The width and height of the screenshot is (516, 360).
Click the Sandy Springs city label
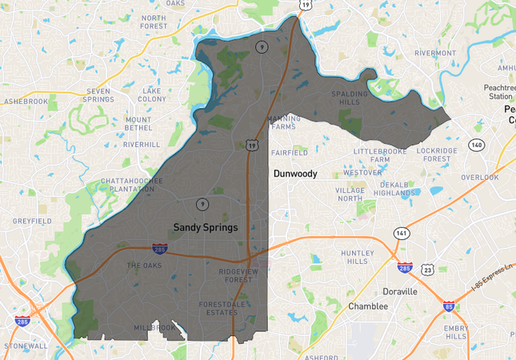[206, 227]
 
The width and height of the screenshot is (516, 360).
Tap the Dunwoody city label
[295, 173]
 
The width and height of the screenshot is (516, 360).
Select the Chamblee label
[368, 306]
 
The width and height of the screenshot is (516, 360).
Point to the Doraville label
[400, 291]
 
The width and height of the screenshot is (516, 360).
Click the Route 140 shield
[477, 145]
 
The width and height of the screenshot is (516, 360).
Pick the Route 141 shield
[401, 233]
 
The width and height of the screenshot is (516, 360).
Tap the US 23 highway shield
[428, 270]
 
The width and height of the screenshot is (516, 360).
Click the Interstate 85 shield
[448, 306]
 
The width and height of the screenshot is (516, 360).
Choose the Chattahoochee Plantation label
[132, 186]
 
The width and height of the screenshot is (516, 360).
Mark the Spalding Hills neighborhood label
[350, 98]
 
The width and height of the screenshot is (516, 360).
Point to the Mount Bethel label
[138, 123]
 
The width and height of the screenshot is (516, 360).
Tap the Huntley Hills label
[357, 257]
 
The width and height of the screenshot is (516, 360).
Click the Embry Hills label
[455, 331]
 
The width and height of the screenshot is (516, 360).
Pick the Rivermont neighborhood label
[434, 54]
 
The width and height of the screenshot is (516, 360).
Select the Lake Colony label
[153, 95]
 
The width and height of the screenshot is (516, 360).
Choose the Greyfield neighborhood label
[32, 221]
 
